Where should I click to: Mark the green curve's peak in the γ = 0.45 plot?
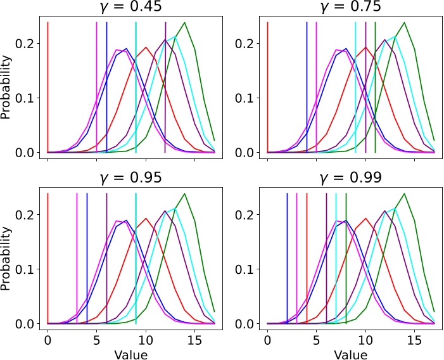click(x=184, y=23)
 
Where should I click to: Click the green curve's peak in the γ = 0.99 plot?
click(x=404, y=193)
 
